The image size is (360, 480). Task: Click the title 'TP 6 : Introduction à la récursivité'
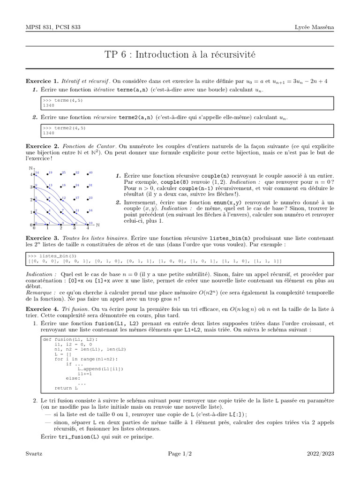point(180,55)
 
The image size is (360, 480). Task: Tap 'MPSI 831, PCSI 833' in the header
point(53,27)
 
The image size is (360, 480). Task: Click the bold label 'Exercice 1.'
point(42,81)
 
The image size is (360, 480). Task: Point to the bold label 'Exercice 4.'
point(42,309)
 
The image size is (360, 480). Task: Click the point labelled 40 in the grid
point(88,174)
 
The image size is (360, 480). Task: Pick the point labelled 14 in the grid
point(35,174)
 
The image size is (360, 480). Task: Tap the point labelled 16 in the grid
point(88,212)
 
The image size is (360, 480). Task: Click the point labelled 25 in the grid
point(61,174)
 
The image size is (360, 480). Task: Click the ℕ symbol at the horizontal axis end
point(97,225)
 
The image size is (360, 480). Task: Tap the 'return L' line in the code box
point(66,388)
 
